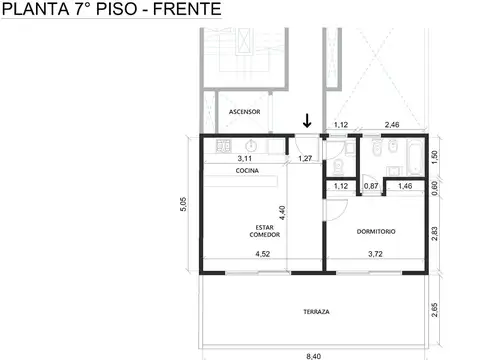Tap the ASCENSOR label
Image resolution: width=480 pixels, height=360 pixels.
point(245,111)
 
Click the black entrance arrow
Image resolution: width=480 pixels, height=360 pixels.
point(308,120)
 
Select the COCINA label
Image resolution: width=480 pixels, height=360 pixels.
point(248,172)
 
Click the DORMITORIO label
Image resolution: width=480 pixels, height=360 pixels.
point(376,231)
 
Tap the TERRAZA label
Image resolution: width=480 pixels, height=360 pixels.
point(316,311)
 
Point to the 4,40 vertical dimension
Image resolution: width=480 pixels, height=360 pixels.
point(311,211)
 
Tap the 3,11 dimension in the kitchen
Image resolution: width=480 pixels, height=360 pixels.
point(244,158)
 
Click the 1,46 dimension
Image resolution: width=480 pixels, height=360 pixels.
point(406,186)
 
